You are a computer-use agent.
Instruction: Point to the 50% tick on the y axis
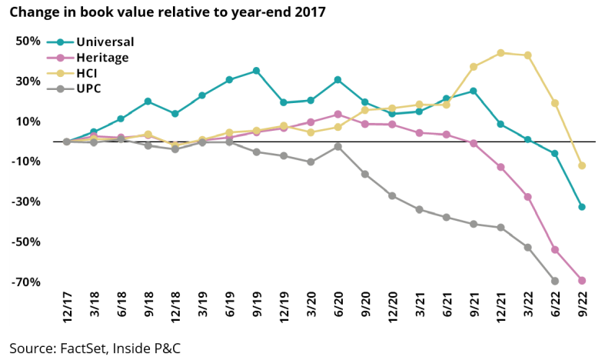28,41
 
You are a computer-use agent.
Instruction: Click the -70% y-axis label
26,282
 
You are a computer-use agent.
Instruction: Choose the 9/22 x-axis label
582,305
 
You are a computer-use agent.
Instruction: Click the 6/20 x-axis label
338,305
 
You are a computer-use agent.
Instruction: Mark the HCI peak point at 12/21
500,53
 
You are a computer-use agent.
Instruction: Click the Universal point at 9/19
256,71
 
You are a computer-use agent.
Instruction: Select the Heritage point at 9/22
582,280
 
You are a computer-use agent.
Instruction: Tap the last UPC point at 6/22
555,281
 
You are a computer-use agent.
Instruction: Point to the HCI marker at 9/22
582,165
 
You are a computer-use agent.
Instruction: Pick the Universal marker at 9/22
582,207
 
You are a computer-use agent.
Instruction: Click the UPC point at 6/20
338,146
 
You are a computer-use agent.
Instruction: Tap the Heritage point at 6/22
555,249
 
